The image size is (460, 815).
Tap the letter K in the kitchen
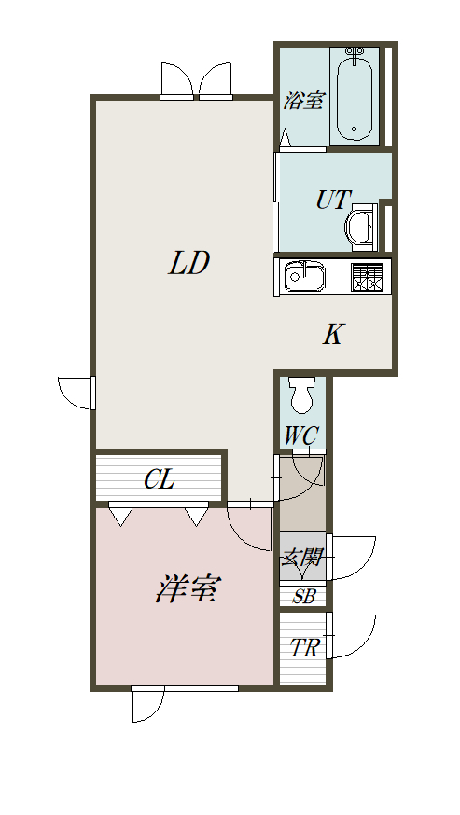pyautogui.click(x=333, y=334)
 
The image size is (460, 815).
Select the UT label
pyautogui.click(x=333, y=200)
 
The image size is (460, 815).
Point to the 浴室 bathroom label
pyautogui.click(x=304, y=101)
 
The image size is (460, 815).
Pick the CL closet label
pyautogui.click(x=160, y=479)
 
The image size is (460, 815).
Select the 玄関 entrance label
pyautogui.click(x=301, y=559)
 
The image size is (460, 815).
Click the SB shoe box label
pyautogui.click(x=303, y=596)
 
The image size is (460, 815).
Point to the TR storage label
pyautogui.click(x=304, y=648)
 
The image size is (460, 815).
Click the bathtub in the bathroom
pyautogui.click(x=355, y=95)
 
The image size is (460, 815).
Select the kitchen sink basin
pyautogui.click(x=304, y=275)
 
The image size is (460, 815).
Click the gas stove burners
pyautogui.click(x=368, y=277)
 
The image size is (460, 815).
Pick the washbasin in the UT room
pyautogui.click(x=360, y=228)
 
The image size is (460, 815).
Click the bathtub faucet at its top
pyautogui.click(x=355, y=53)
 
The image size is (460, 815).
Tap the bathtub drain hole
pyautogui.click(x=355, y=130)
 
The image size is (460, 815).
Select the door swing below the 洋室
pyautogui.click(x=147, y=704)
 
